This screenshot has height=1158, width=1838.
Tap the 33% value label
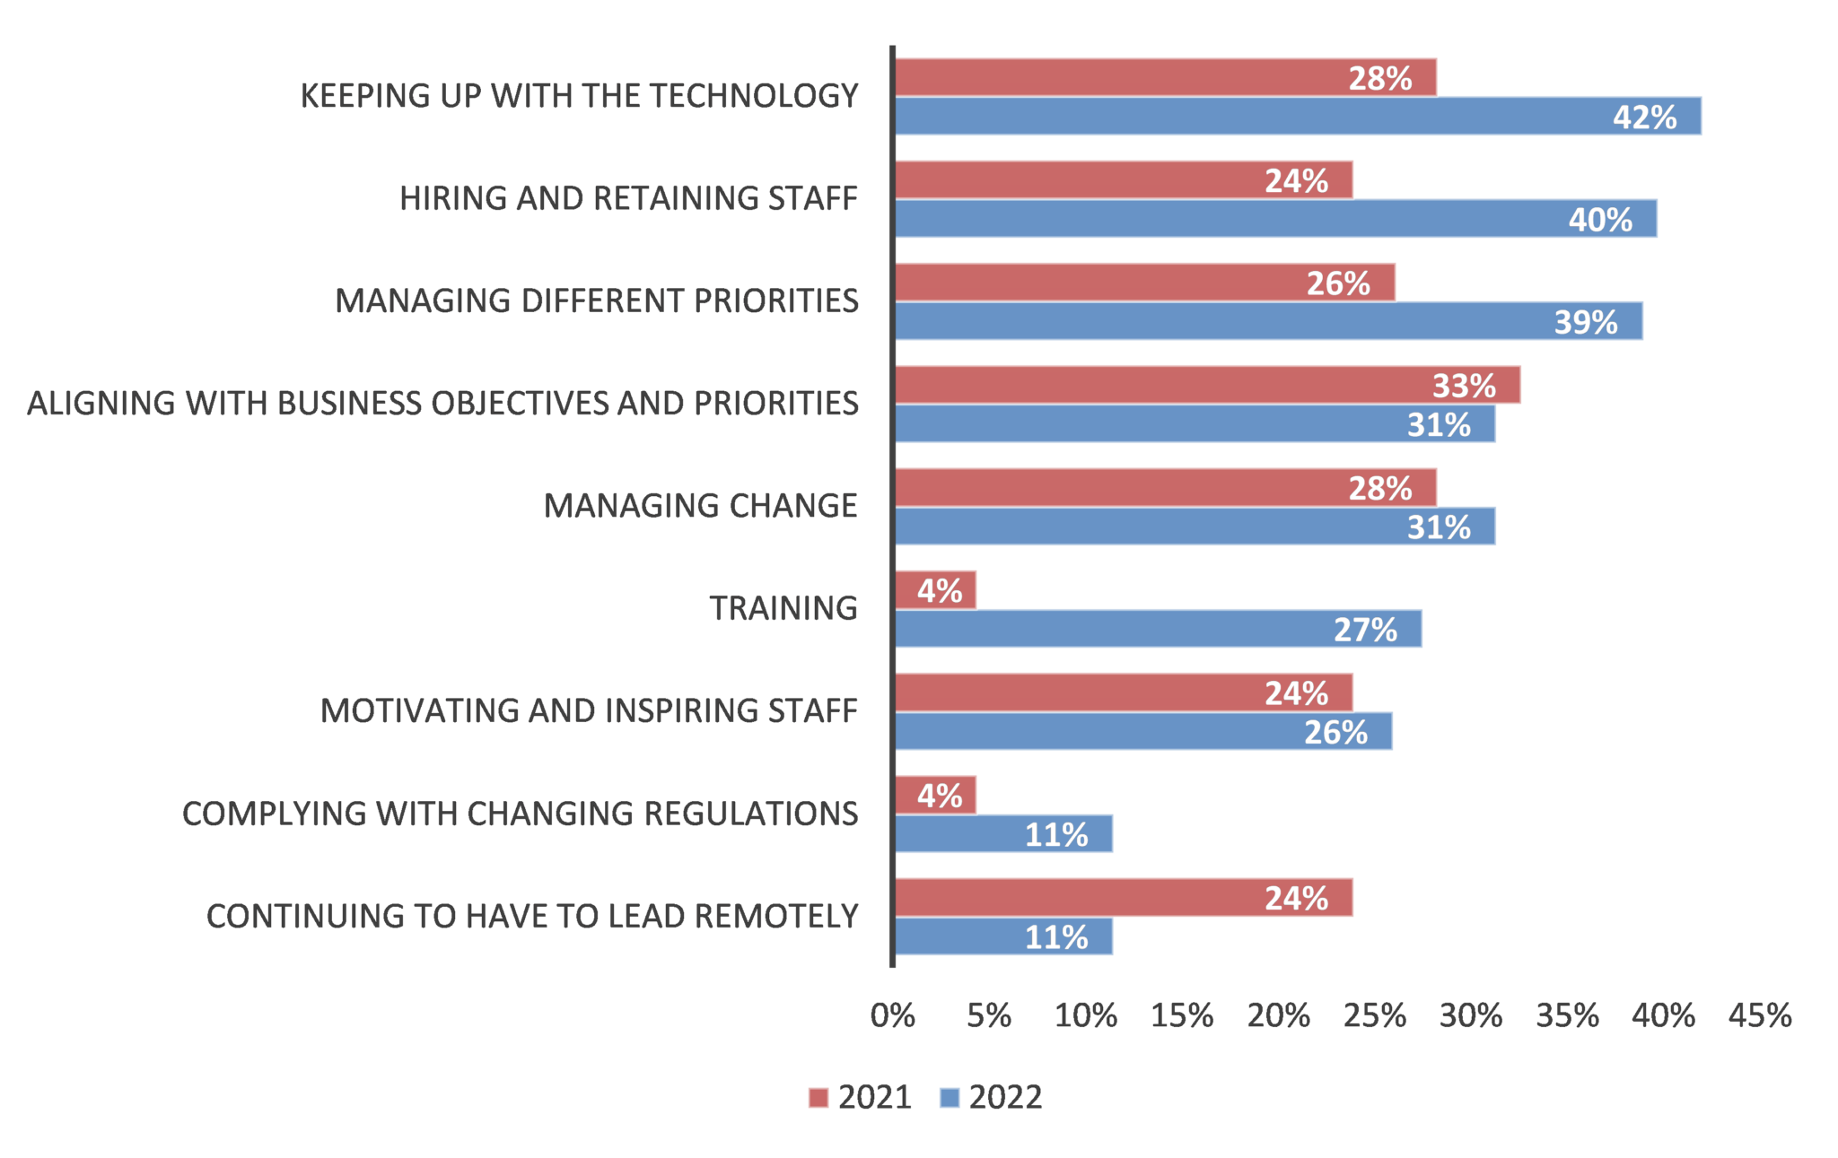pyautogui.click(x=1464, y=386)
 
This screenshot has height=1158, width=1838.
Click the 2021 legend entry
pyautogui.click(x=860, y=1097)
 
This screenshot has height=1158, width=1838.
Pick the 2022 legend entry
pyautogui.click(x=991, y=1097)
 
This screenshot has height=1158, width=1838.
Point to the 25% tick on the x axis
pyautogui.click(x=1374, y=1016)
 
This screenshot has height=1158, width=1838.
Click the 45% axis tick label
pyautogui.click(x=1759, y=1016)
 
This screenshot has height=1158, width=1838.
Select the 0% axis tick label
pyautogui.click(x=893, y=1016)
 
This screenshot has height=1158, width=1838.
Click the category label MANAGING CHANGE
pyautogui.click(x=700, y=506)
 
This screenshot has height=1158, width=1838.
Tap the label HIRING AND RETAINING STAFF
pyautogui.click(x=628, y=198)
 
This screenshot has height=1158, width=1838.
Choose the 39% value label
pyautogui.click(x=1586, y=322)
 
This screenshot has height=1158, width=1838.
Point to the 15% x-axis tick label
pyautogui.click(x=1182, y=1016)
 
